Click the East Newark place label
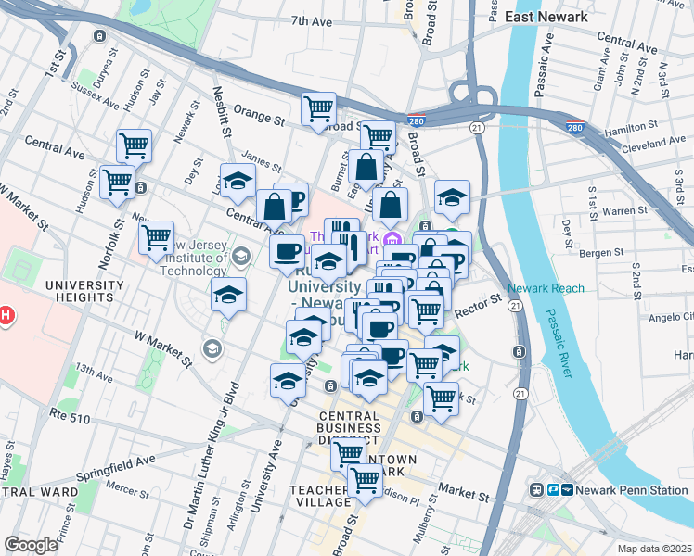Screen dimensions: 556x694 coord(546,17)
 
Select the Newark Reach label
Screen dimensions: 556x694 coord(546,288)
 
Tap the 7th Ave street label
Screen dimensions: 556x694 coord(311,20)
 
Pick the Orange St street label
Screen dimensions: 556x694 coord(259,119)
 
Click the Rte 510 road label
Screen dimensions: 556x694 coord(73,420)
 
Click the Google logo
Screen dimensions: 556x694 coord(31,545)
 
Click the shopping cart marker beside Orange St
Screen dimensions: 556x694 coord(319,108)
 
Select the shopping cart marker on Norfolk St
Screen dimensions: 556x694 coord(157,236)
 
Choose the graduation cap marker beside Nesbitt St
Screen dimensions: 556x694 coord(238,179)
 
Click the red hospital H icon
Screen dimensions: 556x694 coord(5,316)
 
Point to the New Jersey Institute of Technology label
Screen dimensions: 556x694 coord(193,257)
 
